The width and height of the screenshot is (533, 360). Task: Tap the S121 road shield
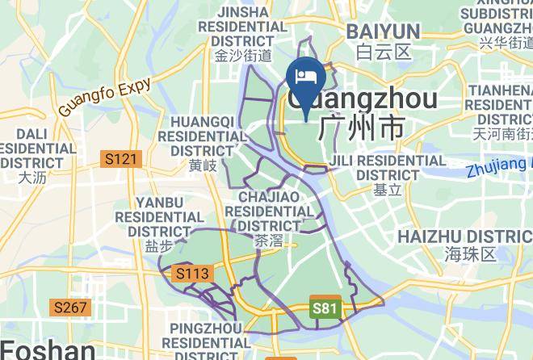pos(122,160)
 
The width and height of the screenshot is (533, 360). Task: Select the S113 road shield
pos(192,274)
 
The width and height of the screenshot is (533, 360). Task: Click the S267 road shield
pos(71,307)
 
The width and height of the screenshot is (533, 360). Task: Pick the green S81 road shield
pos(324,308)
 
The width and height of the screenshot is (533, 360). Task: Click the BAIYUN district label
pos(383,32)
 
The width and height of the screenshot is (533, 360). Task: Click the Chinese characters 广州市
pos(360,128)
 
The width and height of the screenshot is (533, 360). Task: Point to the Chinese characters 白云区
pos(384,52)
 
